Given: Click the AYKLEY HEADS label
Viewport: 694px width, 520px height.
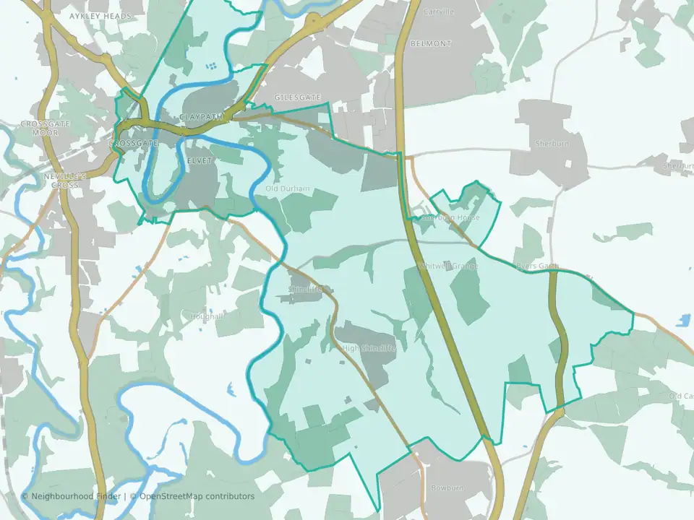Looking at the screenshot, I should (100, 15).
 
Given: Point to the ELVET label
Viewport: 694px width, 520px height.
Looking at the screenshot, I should (199, 160).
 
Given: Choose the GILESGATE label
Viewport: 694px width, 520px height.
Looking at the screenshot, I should (297, 96).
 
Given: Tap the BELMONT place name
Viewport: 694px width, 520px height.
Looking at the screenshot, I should (430, 43).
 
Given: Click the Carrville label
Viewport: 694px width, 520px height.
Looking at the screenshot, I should (439, 12).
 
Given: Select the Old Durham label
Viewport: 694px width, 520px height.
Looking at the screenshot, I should (288, 189).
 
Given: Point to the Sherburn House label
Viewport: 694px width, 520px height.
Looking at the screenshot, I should (450, 217).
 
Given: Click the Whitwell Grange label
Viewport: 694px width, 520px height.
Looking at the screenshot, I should (449, 266).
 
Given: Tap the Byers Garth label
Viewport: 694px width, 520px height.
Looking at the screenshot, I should (537, 266).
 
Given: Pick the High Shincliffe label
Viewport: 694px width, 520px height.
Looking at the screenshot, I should (369, 348).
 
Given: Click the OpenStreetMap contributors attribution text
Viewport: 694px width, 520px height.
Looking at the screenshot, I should (197, 496).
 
